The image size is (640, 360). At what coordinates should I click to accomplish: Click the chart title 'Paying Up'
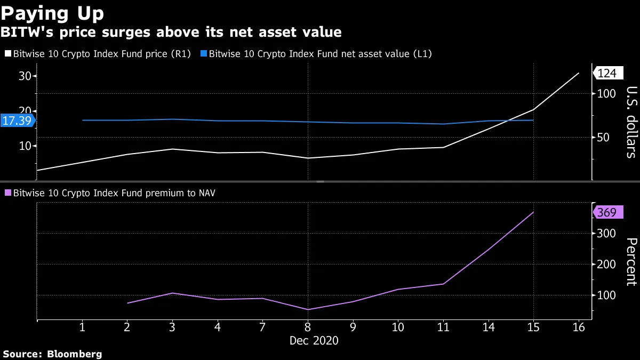(52, 12)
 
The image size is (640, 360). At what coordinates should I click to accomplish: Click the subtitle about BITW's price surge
(171, 33)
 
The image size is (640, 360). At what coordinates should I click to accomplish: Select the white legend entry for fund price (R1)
(98, 54)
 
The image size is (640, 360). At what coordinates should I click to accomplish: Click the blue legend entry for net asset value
(318, 54)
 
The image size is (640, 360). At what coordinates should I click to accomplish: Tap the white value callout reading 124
(606, 74)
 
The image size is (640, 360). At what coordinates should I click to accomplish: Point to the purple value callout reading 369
(606, 213)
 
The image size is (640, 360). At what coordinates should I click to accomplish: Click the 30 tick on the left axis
(25, 76)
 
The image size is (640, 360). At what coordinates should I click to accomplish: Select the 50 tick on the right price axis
(606, 138)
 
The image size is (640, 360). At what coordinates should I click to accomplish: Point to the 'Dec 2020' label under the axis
(314, 340)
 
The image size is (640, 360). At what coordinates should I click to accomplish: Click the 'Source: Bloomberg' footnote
(52, 354)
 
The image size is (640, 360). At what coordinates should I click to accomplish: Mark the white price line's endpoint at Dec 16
(579, 73)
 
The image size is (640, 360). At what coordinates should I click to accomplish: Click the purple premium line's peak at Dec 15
(533, 212)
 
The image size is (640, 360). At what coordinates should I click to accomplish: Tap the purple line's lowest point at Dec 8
(308, 309)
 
